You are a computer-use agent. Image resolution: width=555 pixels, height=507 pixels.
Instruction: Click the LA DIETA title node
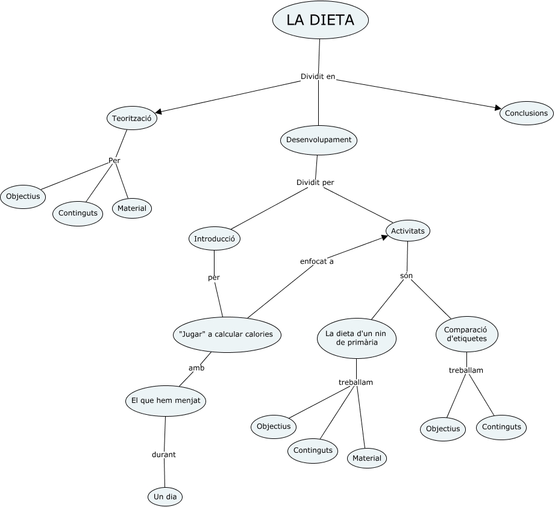coord(320,20)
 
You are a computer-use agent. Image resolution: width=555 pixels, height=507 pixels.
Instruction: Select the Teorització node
coord(132,119)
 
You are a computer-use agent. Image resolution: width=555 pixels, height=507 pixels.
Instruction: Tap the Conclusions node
coord(526,113)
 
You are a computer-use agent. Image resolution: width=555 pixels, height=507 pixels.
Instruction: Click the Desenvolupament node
coord(319,140)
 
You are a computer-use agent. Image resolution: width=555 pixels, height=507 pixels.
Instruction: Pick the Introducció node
coord(215,239)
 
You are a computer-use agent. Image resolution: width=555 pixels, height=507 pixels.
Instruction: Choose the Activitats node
coord(408,231)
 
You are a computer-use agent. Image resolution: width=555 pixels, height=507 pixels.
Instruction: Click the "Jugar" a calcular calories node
coord(227,334)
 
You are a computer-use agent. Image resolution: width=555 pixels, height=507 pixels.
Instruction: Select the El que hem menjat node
coord(166,400)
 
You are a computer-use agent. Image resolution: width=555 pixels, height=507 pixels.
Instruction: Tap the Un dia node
coord(165,497)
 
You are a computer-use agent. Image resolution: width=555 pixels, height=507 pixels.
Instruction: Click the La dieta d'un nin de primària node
coord(356,338)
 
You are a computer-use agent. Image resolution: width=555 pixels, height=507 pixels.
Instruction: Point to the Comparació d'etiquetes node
coord(466,334)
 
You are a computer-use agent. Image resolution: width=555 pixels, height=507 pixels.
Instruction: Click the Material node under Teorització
coord(132,208)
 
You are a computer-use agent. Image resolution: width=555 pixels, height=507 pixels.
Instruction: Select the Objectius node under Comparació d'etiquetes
coord(443,429)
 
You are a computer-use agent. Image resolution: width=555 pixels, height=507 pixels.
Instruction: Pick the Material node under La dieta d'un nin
coord(367,458)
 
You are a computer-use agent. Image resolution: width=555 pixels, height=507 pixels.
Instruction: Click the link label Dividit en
coord(318,76)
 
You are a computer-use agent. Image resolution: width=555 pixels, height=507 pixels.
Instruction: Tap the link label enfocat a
coord(316,261)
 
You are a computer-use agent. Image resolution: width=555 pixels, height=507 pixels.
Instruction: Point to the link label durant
coord(163,455)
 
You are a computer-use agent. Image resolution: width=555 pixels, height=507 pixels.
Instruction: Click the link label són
coord(406,276)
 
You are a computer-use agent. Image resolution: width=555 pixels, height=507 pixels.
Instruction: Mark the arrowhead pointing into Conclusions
coord(498,108)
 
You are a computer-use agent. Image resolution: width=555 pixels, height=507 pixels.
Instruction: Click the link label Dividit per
coord(315,182)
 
